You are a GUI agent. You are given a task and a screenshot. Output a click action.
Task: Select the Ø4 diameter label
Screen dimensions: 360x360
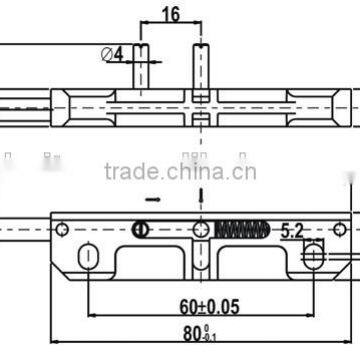(x=113, y=55)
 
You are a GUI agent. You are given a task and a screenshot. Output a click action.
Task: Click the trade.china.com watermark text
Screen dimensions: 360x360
(x=179, y=171)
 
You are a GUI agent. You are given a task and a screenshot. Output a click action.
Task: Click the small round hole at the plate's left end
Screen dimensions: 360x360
(x=62, y=230)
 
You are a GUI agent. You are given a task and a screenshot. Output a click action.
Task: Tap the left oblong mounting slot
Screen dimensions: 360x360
(x=91, y=258)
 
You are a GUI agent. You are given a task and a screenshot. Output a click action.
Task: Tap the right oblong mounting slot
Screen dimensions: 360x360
(x=314, y=258)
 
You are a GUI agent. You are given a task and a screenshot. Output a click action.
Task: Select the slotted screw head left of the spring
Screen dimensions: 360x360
(x=142, y=230)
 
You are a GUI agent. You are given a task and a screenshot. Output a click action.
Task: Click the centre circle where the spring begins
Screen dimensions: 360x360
(x=202, y=229)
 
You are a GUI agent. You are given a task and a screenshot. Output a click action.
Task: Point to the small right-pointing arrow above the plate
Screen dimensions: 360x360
(x=152, y=198)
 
